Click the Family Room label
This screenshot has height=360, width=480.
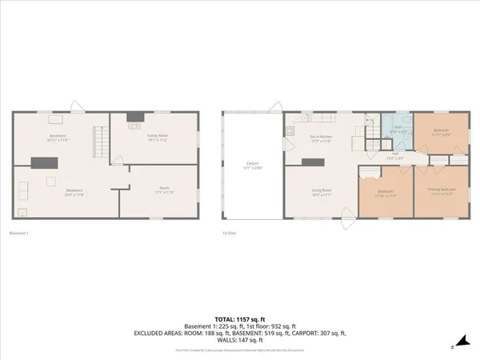point(157,136)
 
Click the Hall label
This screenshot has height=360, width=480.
point(394,154)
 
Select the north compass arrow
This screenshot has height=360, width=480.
point(452,346)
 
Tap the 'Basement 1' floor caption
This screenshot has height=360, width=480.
point(18,233)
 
